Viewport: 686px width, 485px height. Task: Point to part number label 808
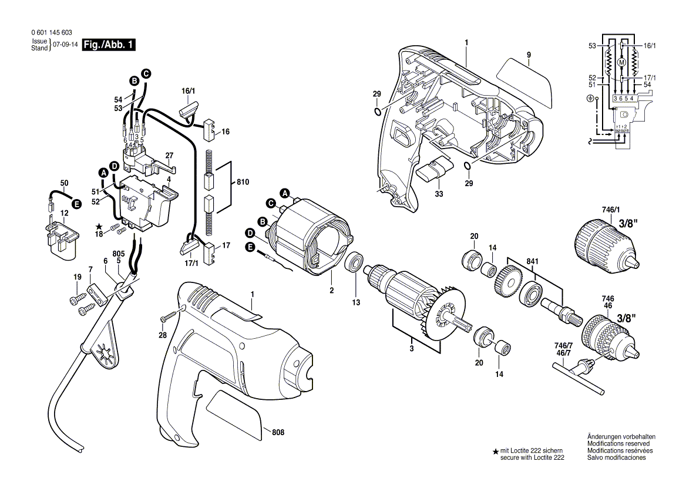pos(278,432)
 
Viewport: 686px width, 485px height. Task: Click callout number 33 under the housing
pos(439,194)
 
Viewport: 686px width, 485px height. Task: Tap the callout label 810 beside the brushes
pos(242,183)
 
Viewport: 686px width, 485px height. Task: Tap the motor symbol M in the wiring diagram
pos(621,62)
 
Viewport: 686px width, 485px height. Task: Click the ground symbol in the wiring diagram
pos(590,99)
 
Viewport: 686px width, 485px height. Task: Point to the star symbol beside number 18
pos(99,226)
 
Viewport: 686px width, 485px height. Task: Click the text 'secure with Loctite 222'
pos(532,457)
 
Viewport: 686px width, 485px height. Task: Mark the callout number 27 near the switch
pos(169,156)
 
